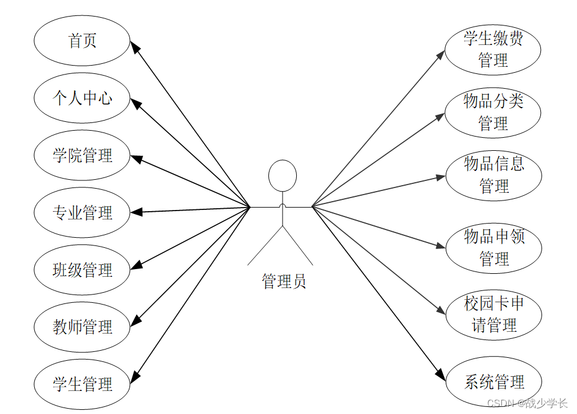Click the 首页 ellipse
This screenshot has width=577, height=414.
coord(82,41)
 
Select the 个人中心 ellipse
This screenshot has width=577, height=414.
coord(82,98)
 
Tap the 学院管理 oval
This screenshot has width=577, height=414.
coord(82,156)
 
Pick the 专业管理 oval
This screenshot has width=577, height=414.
coord(82,212)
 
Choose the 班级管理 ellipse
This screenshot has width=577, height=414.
coord(82,270)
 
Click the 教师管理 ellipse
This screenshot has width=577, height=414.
coord(82,326)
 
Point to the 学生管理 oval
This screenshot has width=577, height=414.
coord(82,384)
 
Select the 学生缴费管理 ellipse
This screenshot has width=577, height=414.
coord(493,50)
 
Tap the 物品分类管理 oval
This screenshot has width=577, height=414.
coord(493,112)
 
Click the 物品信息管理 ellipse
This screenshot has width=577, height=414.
coord(493,175)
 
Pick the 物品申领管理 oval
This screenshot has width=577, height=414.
coord(493,248)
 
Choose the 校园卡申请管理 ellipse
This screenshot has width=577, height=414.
coord(493,315)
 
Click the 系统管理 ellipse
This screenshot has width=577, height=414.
coord(493,381)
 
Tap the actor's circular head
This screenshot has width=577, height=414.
coord(283,175)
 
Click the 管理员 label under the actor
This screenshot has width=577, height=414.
coord(284,281)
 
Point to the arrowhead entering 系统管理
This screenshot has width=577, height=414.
coord(440,375)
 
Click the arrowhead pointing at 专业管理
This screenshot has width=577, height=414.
coord(135,211)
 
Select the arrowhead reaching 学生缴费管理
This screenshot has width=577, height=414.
coord(440,54)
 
